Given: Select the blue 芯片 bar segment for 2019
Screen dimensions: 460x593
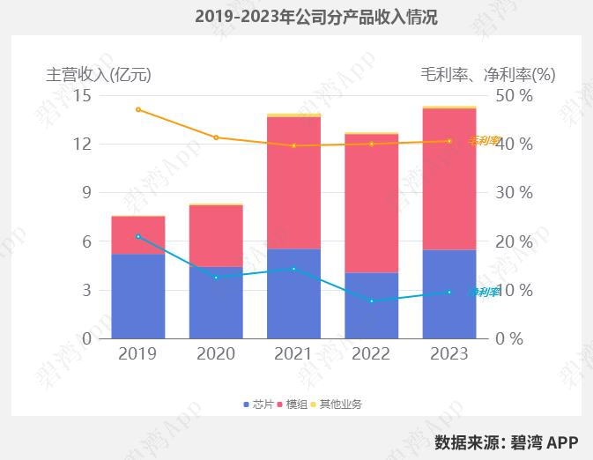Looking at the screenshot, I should (x=138, y=295).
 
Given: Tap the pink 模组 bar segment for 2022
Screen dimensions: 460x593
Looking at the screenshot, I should (x=371, y=203).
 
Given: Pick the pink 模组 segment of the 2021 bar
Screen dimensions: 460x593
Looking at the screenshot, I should (x=293, y=182).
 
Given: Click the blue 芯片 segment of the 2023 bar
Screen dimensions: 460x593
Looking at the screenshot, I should (x=449, y=293).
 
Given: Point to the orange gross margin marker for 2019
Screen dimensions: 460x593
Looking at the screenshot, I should (x=138, y=109).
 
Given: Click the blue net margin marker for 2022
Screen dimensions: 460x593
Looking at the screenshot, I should (x=371, y=301).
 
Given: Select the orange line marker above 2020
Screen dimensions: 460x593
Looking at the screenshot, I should (x=216, y=137).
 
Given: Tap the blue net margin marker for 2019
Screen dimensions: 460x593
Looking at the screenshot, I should (x=138, y=236).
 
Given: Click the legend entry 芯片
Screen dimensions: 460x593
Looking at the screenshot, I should (x=257, y=404).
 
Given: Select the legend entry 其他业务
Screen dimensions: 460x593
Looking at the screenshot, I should (x=336, y=404).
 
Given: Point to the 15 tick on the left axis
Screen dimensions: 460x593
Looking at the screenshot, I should (x=82, y=95).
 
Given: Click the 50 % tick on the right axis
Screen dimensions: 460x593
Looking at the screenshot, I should (x=515, y=95).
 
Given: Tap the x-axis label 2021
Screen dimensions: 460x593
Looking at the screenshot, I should (x=293, y=353).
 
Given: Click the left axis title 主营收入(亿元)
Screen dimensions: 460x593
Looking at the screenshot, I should (x=99, y=75).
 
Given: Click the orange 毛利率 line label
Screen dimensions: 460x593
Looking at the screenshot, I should (x=484, y=140).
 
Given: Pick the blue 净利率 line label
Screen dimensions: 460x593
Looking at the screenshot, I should (x=484, y=292).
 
